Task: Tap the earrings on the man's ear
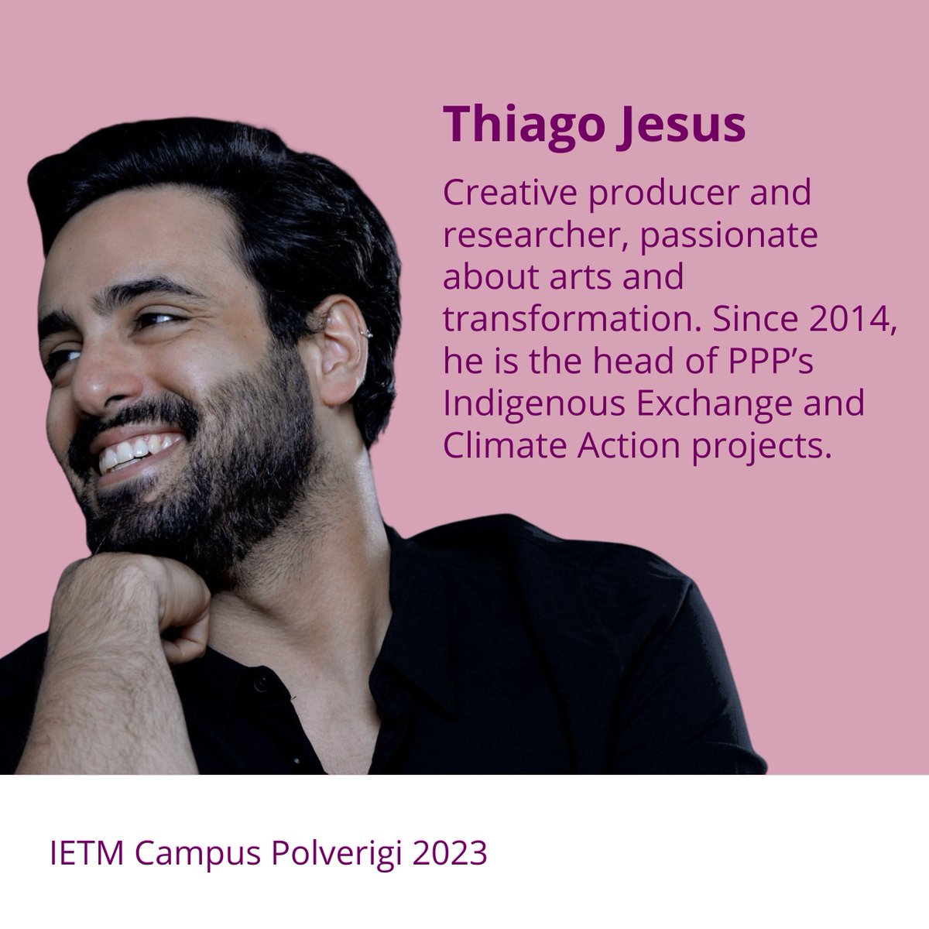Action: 365,332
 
